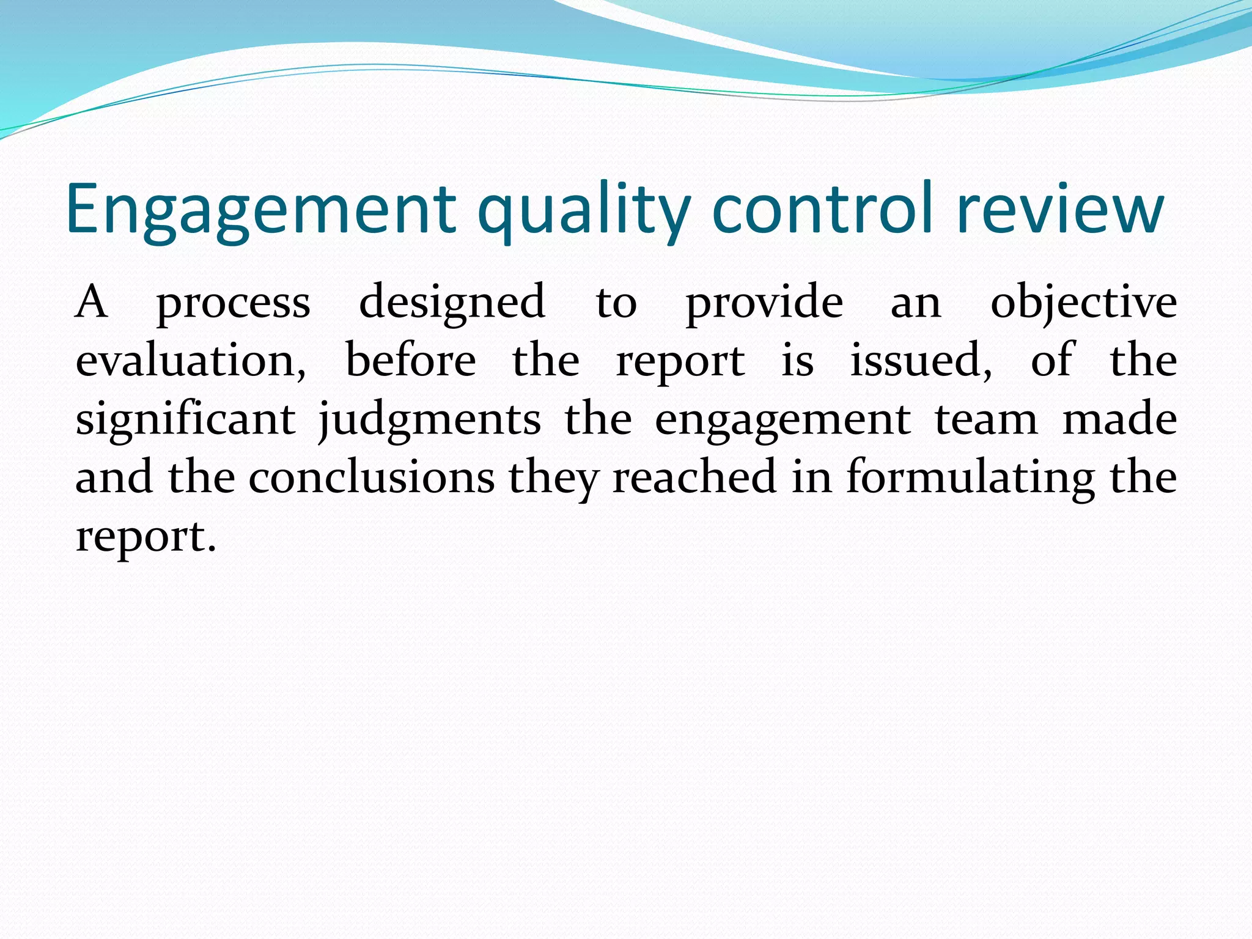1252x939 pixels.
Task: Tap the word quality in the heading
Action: pyautogui.click(x=584, y=209)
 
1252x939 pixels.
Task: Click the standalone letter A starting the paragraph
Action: pyautogui.click(x=92, y=302)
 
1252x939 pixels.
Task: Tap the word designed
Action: pyautogui.click(x=452, y=302)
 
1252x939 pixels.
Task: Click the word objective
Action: pyautogui.click(x=1083, y=302)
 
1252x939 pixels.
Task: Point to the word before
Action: pyautogui.click(x=410, y=361)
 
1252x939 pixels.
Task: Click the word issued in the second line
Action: pyautogui.click(x=921, y=361)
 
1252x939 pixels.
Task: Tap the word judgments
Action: pyautogui.click(x=430, y=420)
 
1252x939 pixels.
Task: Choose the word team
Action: pyautogui.click(x=986, y=420)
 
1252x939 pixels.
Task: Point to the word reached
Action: pyautogui.click(x=694, y=477)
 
